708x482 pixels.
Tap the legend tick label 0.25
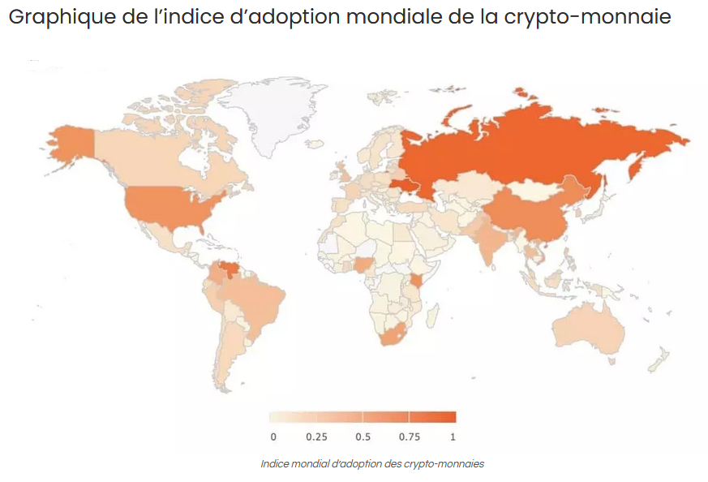coord(316,437)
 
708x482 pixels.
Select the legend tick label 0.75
coord(410,437)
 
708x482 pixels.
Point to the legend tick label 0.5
coord(363,437)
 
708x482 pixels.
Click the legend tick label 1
coord(453,437)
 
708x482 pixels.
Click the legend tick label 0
coord(273,437)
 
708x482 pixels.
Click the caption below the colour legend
coord(372,464)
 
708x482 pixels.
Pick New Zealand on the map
coord(661,357)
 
